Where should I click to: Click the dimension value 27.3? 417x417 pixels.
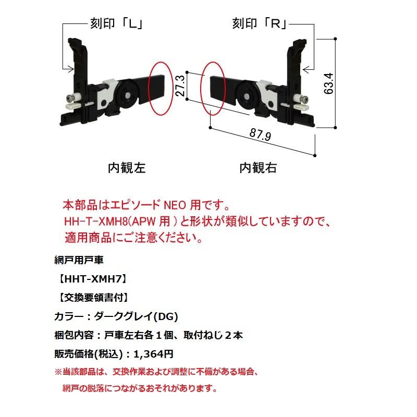[x=180, y=85]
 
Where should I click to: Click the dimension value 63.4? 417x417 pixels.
[x=328, y=83]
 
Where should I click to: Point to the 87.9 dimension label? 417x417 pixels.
[x=260, y=134]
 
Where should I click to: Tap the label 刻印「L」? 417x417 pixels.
[x=117, y=23]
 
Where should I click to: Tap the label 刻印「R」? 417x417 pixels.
[x=260, y=23]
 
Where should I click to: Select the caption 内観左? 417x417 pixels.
[x=127, y=168]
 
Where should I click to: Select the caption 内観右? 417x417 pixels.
[x=258, y=168]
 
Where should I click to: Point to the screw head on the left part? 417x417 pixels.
[x=69, y=99]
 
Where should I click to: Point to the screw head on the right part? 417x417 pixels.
[x=304, y=100]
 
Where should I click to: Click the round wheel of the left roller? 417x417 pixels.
[x=127, y=95]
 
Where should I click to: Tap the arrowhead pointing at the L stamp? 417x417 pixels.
[x=71, y=69]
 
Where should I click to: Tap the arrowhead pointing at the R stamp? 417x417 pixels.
[x=306, y=69]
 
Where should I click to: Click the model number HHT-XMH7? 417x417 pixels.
[x=93, y=279]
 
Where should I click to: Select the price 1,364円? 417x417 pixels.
[x=153, y=354]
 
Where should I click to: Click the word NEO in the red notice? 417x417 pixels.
[x=175, y=205]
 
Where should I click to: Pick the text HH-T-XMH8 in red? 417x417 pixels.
[x=96, y=221]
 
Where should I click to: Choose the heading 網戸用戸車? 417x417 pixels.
[x=79, y=260]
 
